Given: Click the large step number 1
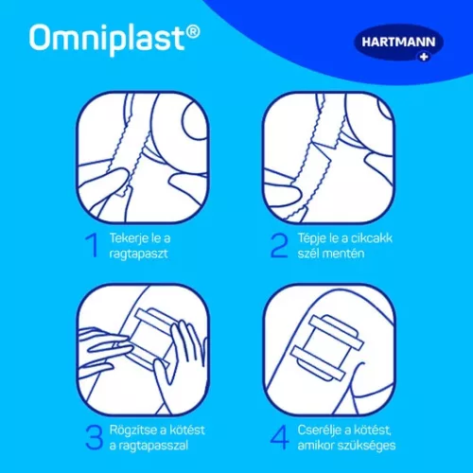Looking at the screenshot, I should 92,247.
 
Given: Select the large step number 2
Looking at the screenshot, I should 280,247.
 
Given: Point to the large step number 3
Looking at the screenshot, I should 92,437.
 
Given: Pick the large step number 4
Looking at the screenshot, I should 280,437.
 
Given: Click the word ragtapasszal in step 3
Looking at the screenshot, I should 155,446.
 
